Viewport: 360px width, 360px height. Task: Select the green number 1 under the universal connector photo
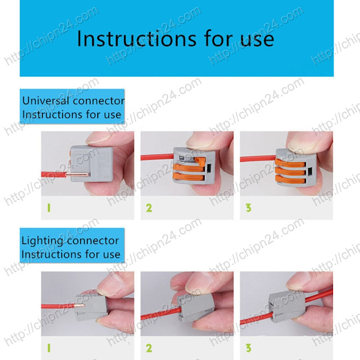click(x=49, y=208)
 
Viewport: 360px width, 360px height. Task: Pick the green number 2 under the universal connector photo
click(x=149, y=208)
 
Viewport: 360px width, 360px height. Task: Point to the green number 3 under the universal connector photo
click(x=249, y=208)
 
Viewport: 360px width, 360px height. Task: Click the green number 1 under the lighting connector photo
click(x=49, y=348)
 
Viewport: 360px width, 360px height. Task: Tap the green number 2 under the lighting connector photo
click(x=149, y=348)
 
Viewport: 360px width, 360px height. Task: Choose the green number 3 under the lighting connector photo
click(x=249, y=348)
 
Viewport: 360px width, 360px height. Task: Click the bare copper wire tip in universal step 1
click(x=77, y=175)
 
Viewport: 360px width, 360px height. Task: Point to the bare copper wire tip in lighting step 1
click(x=79, y=305)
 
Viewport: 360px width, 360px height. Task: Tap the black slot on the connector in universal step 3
click(x=310, y=171)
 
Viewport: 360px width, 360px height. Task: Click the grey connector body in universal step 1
click(x=91, y=164)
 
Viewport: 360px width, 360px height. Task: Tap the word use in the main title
click(x=257, y=39)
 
